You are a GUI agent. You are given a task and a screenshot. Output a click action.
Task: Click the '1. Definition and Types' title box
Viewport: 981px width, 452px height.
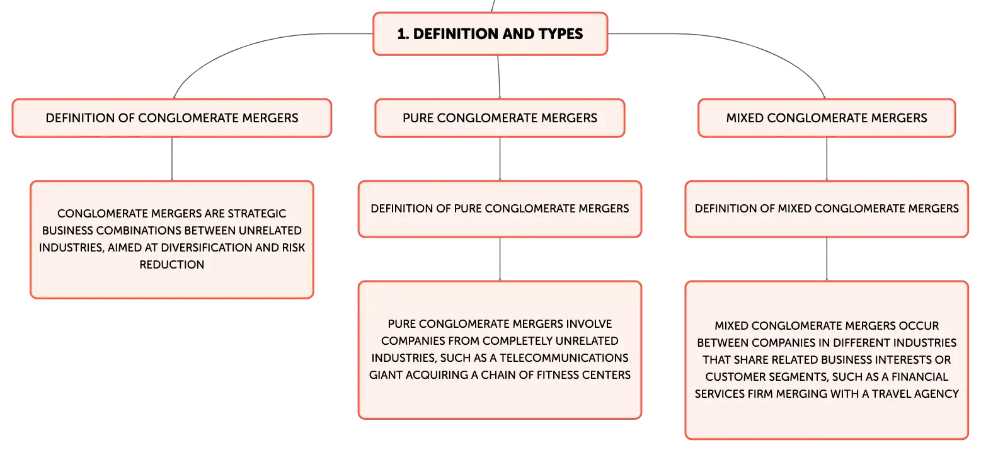point(490,33)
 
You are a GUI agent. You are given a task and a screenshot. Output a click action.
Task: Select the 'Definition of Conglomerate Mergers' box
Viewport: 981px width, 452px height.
point(171,118)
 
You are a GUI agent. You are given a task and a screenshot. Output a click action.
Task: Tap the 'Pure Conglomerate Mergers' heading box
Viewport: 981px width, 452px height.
point(500,118)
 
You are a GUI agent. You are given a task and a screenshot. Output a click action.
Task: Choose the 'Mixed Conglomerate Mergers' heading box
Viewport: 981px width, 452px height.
point(827,118)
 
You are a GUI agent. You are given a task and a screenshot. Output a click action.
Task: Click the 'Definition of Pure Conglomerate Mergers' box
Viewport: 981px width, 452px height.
point(500,209)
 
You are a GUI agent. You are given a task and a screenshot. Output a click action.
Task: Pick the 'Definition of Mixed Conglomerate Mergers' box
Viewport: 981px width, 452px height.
point(827,209)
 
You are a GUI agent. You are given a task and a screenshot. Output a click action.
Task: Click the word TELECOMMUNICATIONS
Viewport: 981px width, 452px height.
point(564,358)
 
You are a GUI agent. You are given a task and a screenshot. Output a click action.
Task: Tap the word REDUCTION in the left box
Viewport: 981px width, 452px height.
point(171,265)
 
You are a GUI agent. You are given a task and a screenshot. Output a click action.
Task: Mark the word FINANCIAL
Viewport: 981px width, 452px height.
point(920,377)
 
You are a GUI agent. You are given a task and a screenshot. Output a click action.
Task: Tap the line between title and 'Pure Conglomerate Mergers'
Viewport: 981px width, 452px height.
point(499,77)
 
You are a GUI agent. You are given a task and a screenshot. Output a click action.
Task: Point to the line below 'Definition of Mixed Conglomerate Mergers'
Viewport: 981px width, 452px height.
point(827,259)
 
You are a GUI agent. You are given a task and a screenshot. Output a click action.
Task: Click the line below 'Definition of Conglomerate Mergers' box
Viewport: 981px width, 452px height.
point(171,159)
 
